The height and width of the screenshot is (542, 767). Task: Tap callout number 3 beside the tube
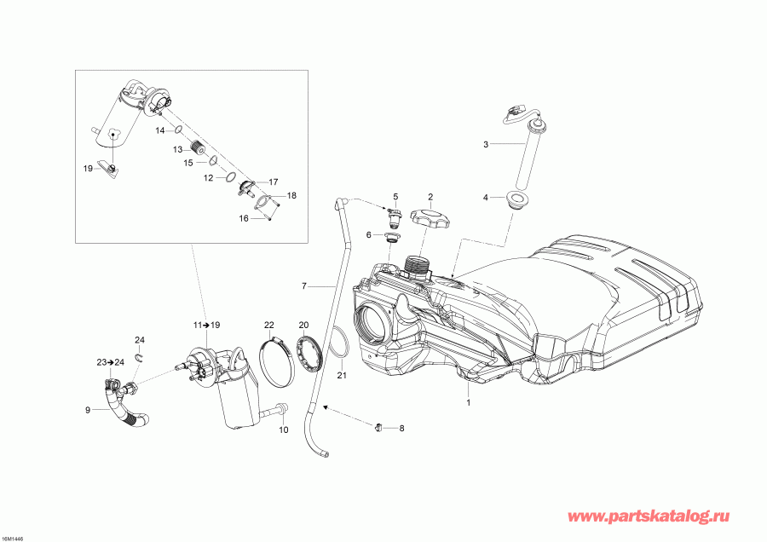click(x=486, y=144)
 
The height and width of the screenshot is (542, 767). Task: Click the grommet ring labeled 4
click(x=516, y=200)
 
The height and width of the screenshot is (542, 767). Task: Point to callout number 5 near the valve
click(x=395, y=196)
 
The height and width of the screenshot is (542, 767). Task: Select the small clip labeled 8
click(x=377, y=426)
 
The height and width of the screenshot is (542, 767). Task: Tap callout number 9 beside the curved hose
click(x=88, y=410)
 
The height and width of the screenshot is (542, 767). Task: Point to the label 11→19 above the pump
click(x=205, y=326)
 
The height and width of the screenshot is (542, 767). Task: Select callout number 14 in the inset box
click(x=159, y=130)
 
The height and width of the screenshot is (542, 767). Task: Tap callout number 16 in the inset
click(x=245, y=218)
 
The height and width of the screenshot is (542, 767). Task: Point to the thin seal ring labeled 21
click(x=338, y=345)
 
